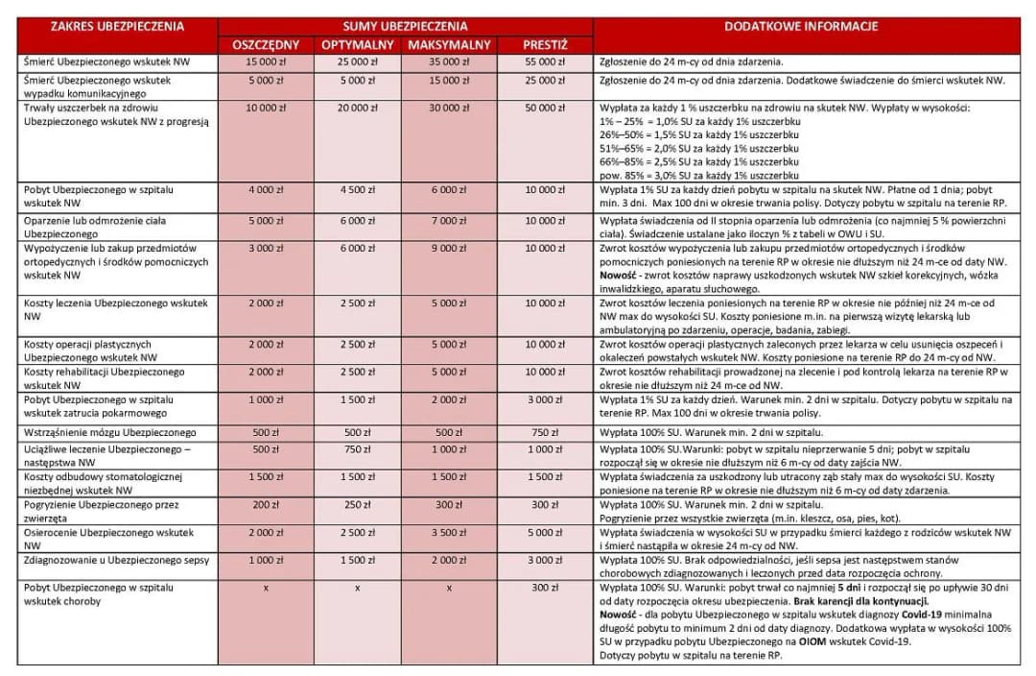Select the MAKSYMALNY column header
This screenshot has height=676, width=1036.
(449, 45)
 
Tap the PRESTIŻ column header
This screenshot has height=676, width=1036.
(545, 45)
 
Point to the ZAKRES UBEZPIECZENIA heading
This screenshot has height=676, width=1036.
(117, 27)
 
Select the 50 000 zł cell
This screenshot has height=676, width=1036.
(545, 109)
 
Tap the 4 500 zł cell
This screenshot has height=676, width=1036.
(356, 190)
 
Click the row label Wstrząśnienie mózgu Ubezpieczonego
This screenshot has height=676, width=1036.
(109, 433)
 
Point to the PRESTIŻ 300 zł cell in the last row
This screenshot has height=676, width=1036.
(545, 587)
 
